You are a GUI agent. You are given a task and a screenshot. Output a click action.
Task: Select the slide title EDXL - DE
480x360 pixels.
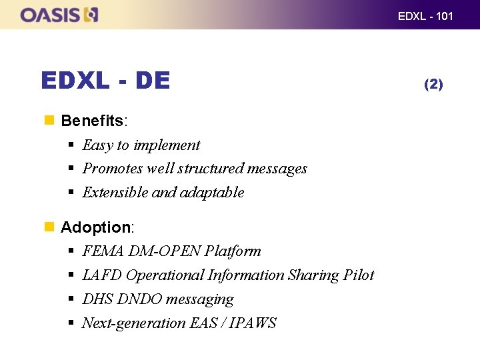(105, 81)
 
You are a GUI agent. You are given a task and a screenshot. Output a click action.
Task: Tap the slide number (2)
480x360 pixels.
(433, 83)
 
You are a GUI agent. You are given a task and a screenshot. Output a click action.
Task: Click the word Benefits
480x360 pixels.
(92, 121)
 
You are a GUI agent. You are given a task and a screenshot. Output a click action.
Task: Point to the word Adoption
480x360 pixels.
(95, 227)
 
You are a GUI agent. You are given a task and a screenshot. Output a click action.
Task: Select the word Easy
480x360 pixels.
(97, 145)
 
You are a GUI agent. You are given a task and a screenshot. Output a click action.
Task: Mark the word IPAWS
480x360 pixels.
(253, 323)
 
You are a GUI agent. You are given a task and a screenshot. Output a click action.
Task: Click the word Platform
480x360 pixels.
(233, 251)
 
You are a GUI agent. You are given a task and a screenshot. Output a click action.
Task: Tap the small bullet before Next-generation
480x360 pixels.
(71, 323)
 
